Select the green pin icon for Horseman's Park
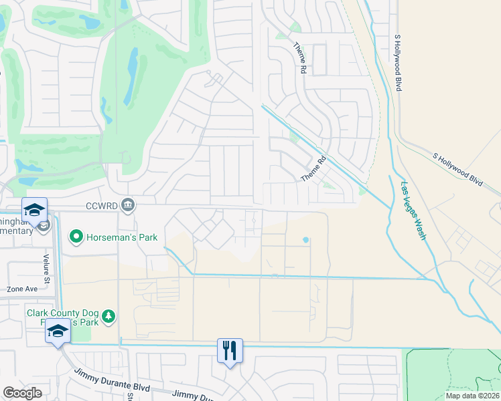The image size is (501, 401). coord(77,236)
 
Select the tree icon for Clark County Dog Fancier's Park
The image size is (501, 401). coord(112,315)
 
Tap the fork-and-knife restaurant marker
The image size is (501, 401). coord(230,350)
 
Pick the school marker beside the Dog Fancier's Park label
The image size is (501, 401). coord(58,331)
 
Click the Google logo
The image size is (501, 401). coord(23,393)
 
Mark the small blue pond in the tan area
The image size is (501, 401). coord(306,240)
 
